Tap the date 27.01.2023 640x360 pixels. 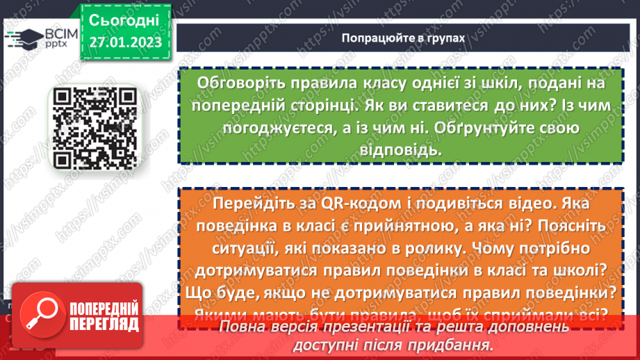coord(124,43)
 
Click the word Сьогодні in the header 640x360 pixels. coord(124,19)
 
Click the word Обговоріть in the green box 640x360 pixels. coord(240,83)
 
